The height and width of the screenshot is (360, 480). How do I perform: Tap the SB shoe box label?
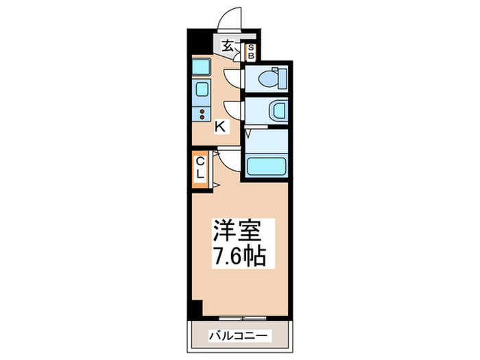pyautogui.click(x=252, y=50)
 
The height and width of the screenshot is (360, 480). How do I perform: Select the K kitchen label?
pyautogui.click(x=221, y=126)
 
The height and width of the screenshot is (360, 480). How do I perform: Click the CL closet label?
pyautogui.click(x=200, y=167)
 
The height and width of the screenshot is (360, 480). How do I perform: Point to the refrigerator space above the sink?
pyautogui.click(x=202, y=67)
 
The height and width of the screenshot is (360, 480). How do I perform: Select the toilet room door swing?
pyautogui.click(x=233, y=77)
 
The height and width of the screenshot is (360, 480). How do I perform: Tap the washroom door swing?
pyautogui.click(x=233, y=110)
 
